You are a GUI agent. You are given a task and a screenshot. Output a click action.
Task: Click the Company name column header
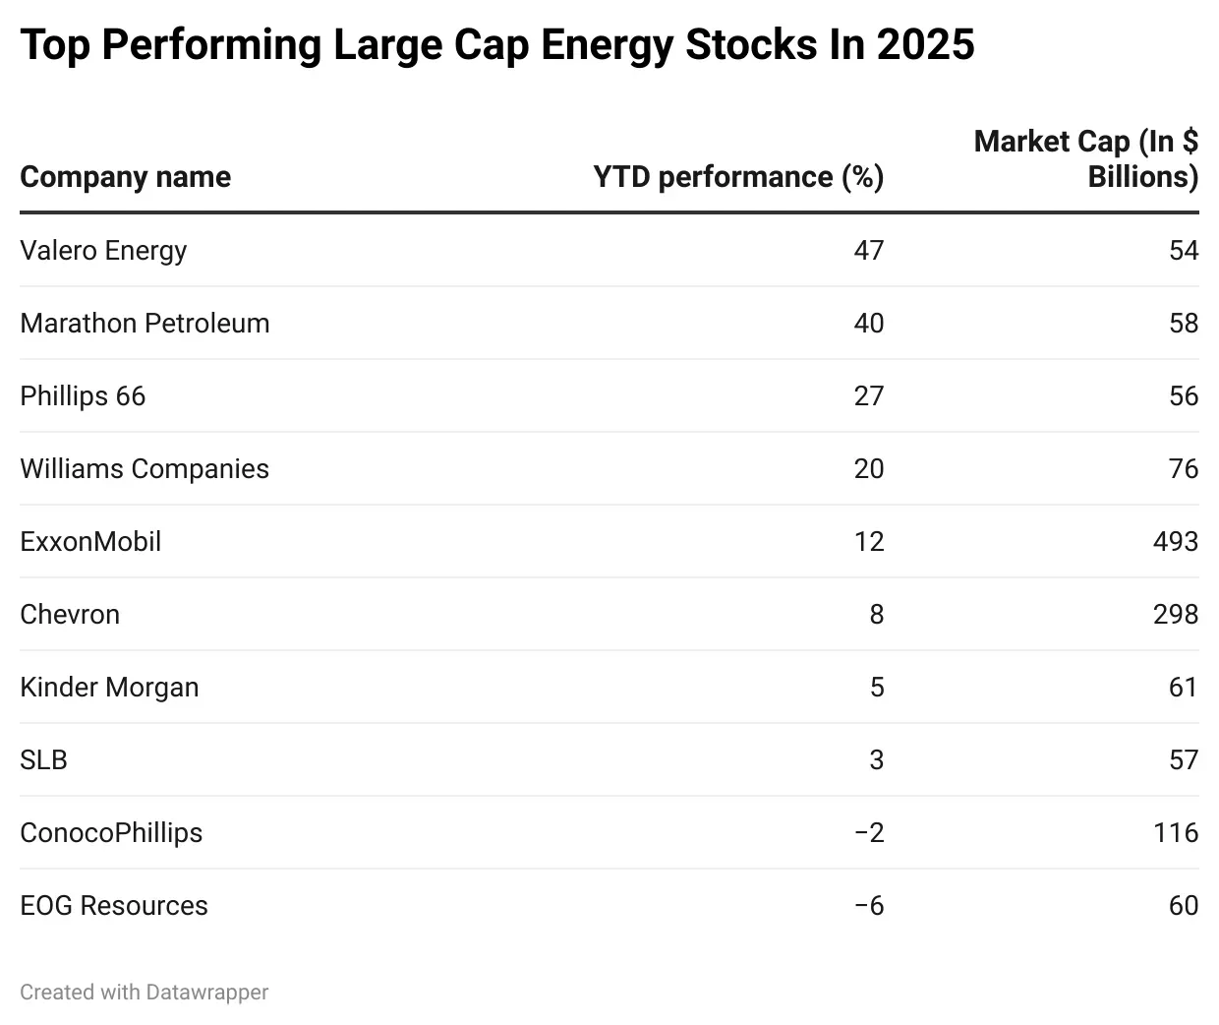click(125, 177)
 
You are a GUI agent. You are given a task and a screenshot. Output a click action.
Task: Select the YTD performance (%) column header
click(738, 177)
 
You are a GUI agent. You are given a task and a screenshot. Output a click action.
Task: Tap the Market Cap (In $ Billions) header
click(1085, 159)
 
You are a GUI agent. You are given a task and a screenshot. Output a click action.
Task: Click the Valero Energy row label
click(103, 250)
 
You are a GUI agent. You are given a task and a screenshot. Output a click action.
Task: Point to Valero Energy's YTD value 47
click(868, 250)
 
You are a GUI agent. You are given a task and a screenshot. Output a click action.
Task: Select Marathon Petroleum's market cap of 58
click(1183, 323)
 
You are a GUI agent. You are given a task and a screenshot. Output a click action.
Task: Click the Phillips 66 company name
click(83, 395)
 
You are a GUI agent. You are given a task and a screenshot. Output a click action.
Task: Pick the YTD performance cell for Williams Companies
click(868, 468)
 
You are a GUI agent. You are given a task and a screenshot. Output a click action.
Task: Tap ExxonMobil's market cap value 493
click(1175, 541)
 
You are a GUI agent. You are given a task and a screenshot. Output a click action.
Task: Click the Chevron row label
click(70, 614)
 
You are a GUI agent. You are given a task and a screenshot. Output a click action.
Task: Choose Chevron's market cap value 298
click(1175, 614)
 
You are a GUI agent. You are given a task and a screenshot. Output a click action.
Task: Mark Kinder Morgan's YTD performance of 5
click(877, 687)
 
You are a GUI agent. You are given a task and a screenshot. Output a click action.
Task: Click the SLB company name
click(43, 759)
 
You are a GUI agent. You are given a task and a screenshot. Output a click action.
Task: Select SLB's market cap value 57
click(1183, 759)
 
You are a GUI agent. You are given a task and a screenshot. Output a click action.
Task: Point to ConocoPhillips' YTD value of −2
click(869, 832)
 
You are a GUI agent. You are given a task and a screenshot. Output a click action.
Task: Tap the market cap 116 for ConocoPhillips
click(1175, 832)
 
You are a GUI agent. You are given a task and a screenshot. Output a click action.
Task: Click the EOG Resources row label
click(114, 905)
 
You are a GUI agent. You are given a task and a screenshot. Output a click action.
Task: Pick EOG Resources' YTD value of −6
click(869, 905)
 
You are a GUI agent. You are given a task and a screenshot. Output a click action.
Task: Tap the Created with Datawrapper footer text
click(144, 992)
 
